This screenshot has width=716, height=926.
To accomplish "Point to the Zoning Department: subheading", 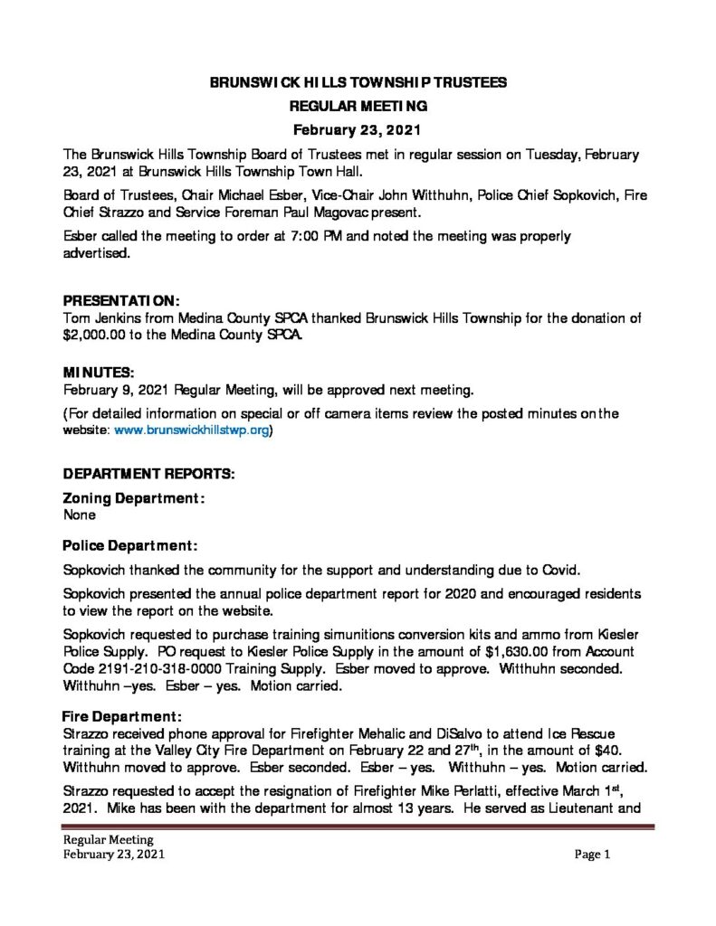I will pos(133,498).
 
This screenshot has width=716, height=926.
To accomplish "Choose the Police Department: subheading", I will pos(130,546).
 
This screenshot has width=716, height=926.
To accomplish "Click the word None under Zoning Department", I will pos(80,515).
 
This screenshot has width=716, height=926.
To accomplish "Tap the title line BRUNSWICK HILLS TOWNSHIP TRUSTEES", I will pos(358,82).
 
